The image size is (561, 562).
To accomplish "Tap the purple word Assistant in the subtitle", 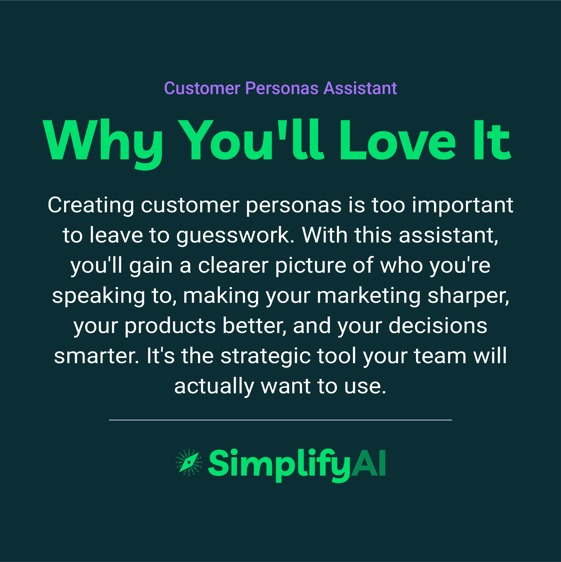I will [360, 88].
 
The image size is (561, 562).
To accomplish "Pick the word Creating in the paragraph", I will [91, 205].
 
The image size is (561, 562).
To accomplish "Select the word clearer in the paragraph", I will [233, 266].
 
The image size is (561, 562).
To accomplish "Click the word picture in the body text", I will [311, 266].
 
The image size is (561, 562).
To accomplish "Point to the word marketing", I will [368, 296].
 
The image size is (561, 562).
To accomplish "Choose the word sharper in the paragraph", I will [468, 296].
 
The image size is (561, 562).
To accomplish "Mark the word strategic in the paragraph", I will [265, 356].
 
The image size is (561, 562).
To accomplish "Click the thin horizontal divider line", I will [280, 420].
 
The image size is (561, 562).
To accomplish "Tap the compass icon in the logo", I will [189, 462].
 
